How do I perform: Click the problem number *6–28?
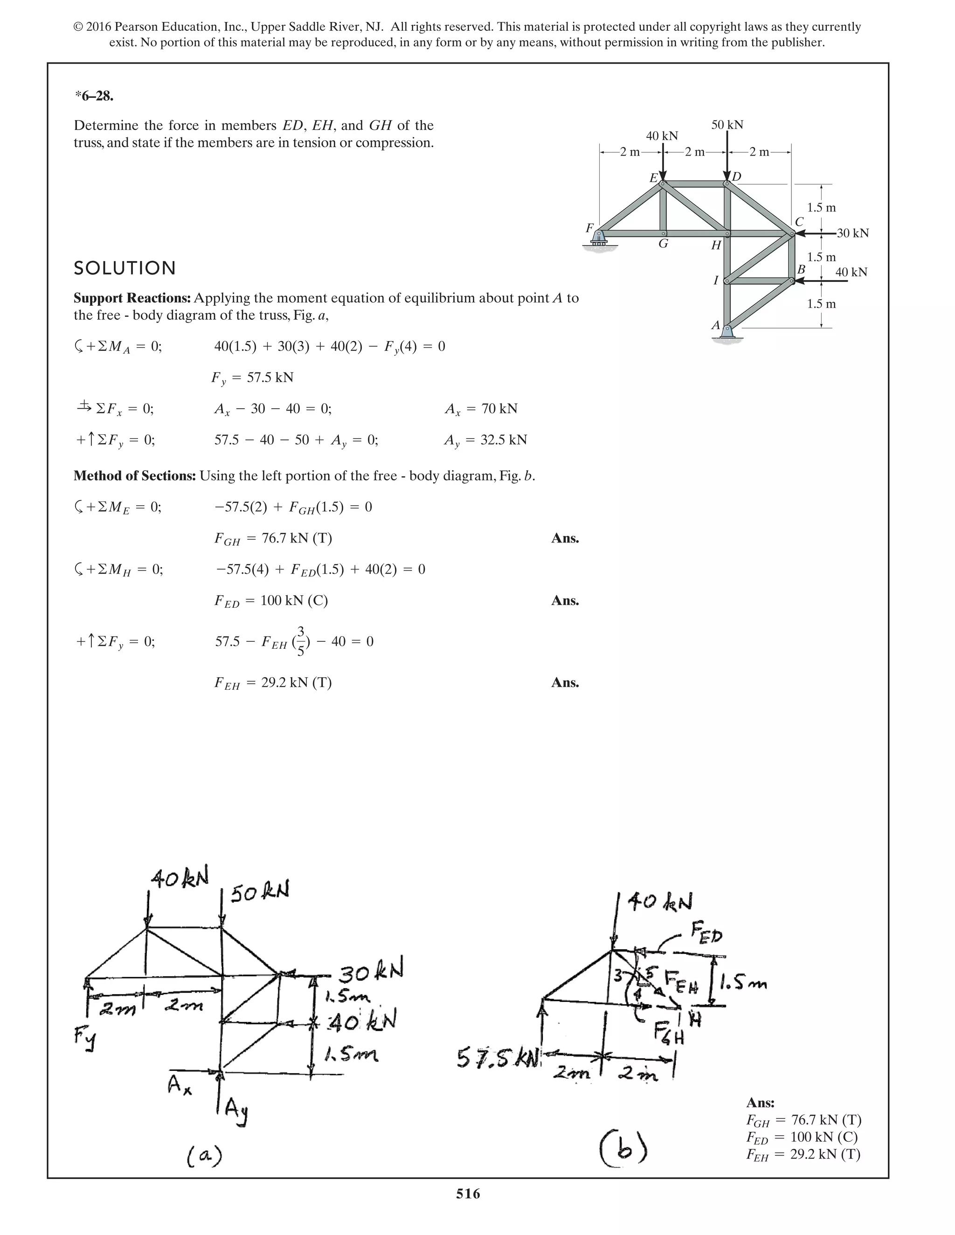(x=94, y=96)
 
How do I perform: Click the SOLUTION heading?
(x=125, y=268)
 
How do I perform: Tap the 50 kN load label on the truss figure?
(x=727, y=125)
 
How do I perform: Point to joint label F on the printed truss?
(x=589, y=228)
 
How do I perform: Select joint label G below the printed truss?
(x=663, y=244)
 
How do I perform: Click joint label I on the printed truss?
(x=716, y=280)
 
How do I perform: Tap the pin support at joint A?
(x=727, y=334)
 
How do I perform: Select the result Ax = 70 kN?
(x=481, y=409)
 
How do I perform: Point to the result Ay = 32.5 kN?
(x=485, y=440)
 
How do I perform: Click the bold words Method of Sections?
(x=135, y=475)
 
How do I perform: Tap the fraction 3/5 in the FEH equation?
(x=301, y=641)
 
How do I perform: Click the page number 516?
(x=468, y=1193)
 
